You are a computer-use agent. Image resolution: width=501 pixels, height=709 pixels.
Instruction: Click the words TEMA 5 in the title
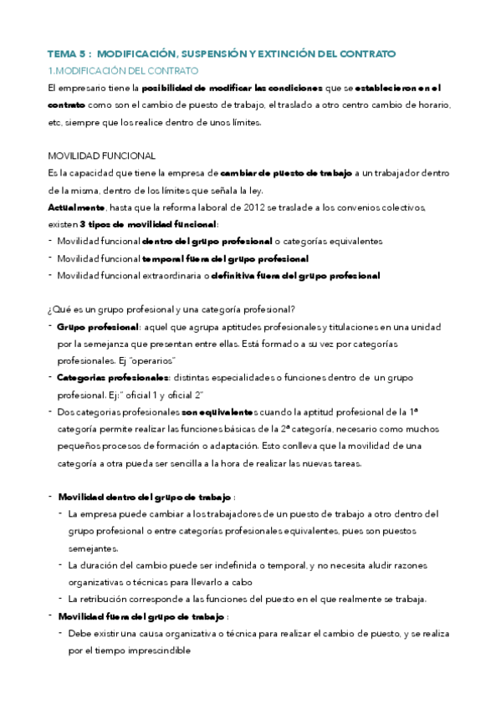[67, 54]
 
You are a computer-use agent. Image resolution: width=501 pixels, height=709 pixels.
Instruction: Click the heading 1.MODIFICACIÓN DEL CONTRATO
[123, 70]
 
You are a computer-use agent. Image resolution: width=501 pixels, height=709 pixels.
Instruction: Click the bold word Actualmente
[76, 207]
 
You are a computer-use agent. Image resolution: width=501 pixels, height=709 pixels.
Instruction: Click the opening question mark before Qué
[50, 309]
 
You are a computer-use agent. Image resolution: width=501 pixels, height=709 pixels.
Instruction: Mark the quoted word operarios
[150, 360]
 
